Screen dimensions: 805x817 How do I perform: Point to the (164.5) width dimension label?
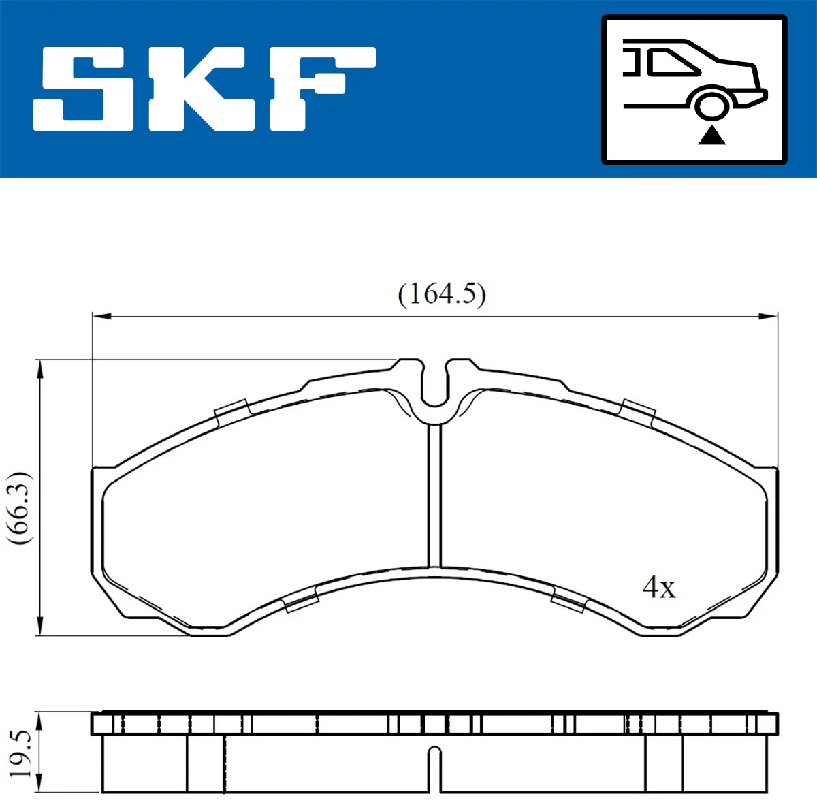pos(441,294)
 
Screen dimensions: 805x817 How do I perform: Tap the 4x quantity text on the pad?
pos(659,586)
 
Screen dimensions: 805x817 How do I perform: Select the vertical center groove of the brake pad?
pos(434,494)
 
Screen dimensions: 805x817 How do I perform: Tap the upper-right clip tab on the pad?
pos(639,409)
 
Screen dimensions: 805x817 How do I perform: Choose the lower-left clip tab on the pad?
pos(302,601)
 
